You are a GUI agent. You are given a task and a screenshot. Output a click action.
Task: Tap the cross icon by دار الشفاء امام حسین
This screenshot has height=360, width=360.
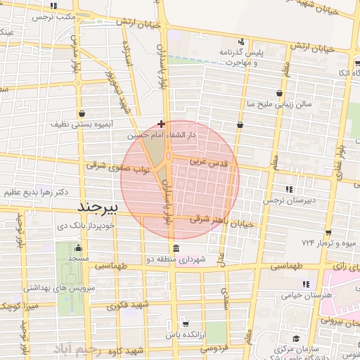point(162,124)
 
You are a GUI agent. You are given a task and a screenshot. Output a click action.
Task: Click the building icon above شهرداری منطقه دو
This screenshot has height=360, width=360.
point(174,249)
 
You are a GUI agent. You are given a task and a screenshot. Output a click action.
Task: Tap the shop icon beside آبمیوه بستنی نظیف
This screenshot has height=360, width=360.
point(83,112)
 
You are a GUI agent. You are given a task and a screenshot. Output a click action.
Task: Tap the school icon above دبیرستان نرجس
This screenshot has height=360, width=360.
point(288,188)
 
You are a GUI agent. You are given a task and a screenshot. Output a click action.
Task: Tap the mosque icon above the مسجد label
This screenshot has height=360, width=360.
point(78,249)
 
